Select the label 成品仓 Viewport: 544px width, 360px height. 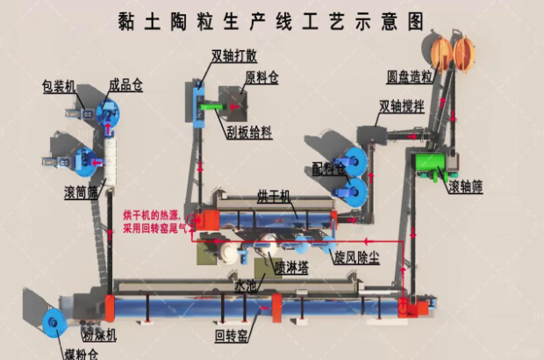point(125,86)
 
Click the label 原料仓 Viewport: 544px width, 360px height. point(261,78)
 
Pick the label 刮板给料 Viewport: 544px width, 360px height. point(248,132)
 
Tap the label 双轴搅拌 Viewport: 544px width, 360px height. point(400,107)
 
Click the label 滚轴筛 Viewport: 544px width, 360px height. point(466,187)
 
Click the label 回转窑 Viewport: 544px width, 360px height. point(231,334)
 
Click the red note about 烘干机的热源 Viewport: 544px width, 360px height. point(154,220)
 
